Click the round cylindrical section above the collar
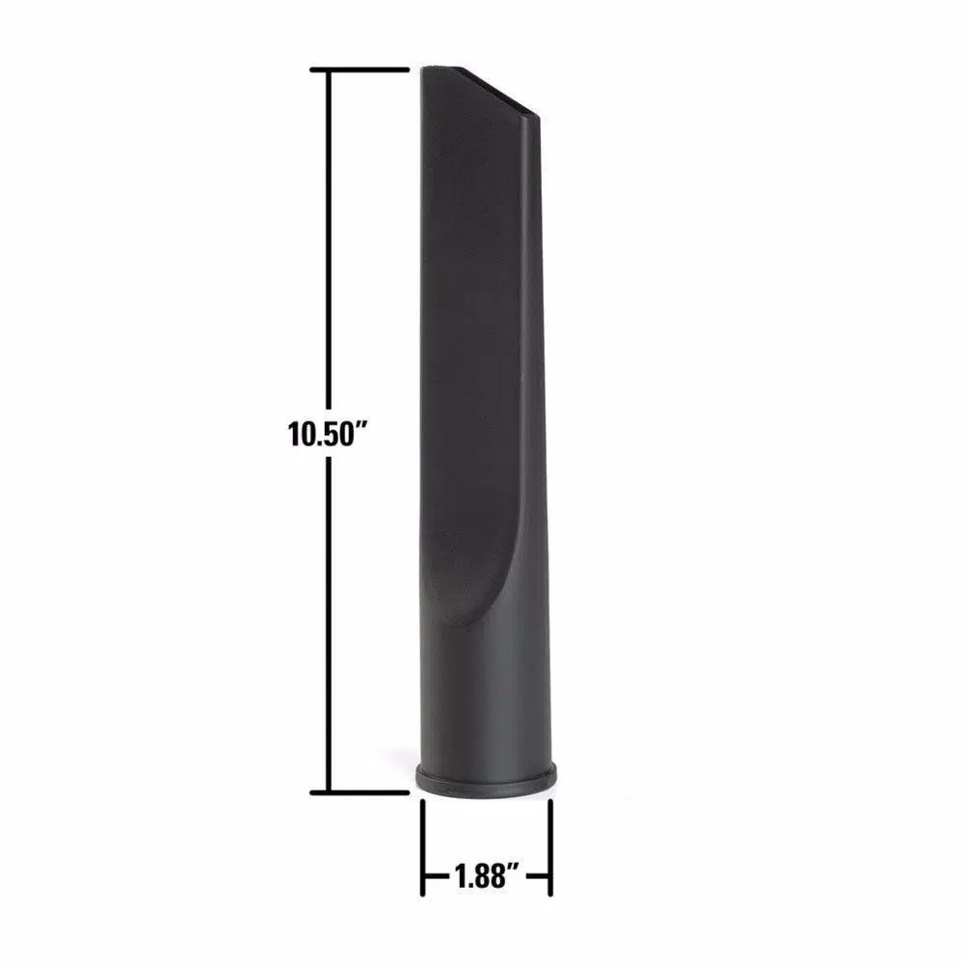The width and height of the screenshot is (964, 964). click(x=487, y=704)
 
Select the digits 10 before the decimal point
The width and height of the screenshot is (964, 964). click(x=300, y=433)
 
